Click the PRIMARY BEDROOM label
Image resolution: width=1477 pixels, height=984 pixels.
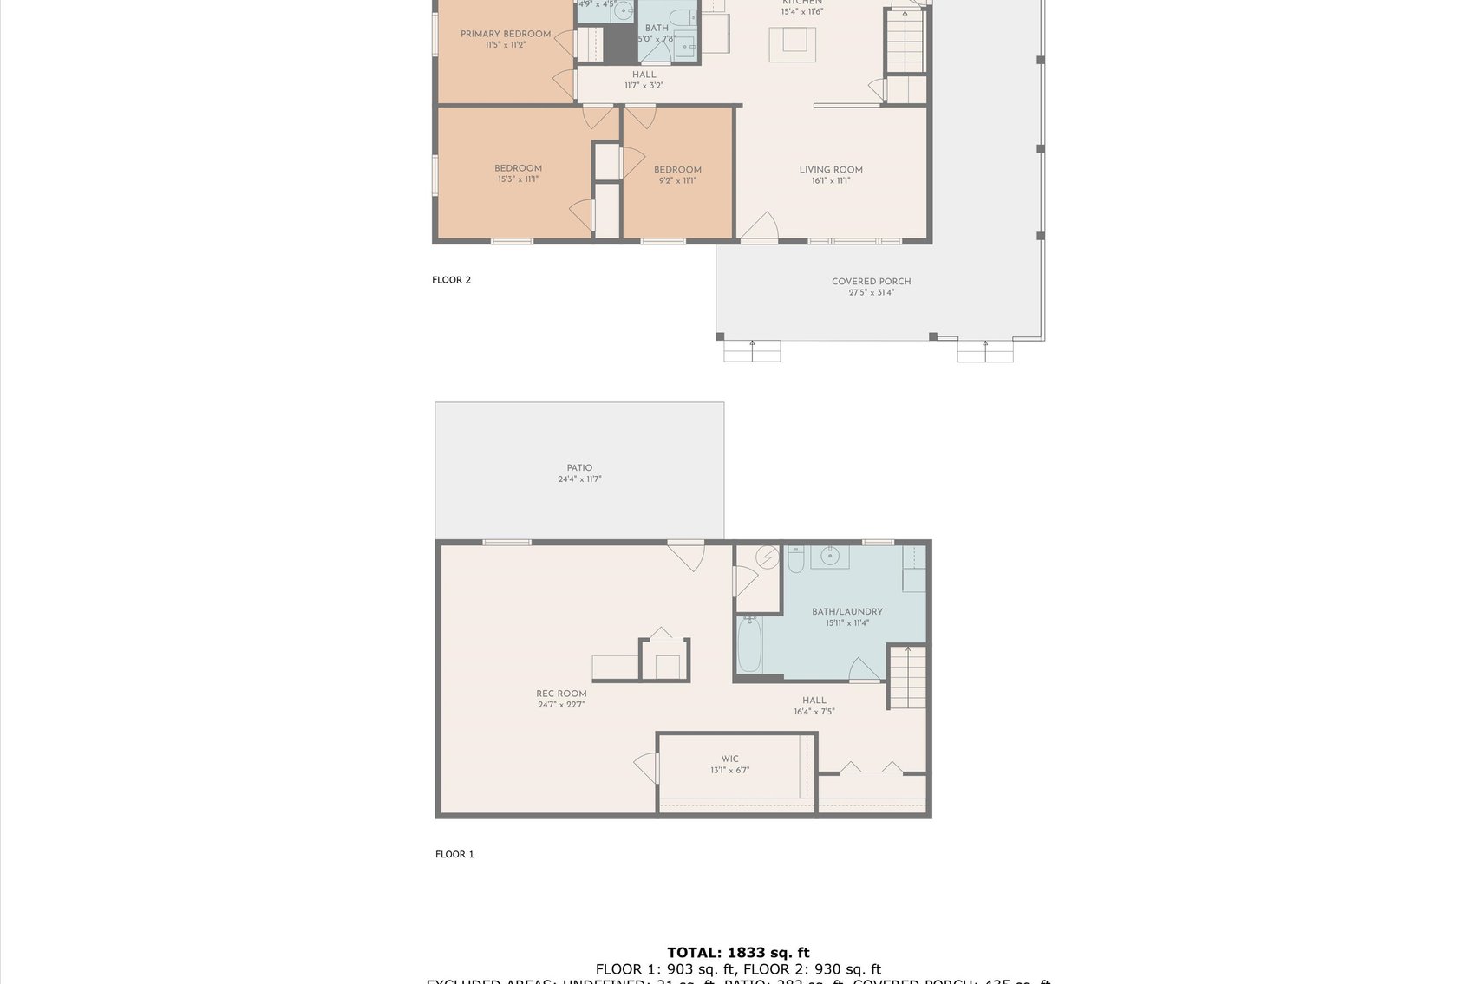(x=505, y=35)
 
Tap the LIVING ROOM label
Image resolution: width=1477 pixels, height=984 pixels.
(x=830, y=170)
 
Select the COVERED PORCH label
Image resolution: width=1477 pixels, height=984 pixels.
(x=871, y=282)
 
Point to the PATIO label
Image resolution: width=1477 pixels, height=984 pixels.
(x=579, y=468)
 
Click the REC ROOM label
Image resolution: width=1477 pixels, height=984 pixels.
(x=561, y=694)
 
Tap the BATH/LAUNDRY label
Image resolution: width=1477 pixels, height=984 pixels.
(x=846, y=612)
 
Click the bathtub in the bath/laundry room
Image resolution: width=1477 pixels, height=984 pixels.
(x=749, y=645)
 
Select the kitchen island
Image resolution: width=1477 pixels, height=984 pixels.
(x=793, y=43)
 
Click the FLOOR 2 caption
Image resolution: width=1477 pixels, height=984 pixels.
(x=451, y=280)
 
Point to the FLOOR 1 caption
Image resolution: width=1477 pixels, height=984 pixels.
(x=454, y=854)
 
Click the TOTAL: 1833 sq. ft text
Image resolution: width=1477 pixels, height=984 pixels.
(x=738, y=952)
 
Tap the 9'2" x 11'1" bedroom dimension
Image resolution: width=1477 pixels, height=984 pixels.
(x=677, y=181)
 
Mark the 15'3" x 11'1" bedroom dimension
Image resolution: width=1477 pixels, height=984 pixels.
(x=518, y=179)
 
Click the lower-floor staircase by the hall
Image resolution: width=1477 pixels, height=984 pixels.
(x=906, y=678)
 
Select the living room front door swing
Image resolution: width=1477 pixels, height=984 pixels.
(x=761, y=227)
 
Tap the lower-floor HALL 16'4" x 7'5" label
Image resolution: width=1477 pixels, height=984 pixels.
(x=814, y=706)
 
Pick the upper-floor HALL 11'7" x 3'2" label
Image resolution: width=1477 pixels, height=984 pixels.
(x=644, y=80)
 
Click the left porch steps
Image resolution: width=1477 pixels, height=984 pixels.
(x=752, y=350)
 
